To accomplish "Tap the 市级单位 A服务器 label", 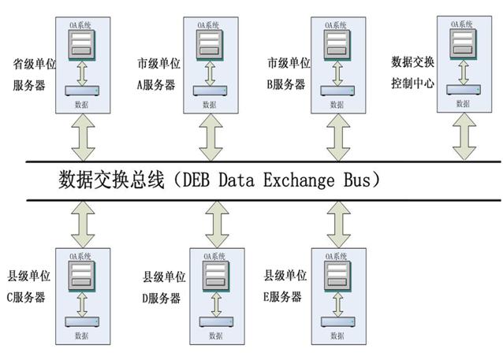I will (x=157, y=72).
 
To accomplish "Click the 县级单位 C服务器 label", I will (x=27, y=287).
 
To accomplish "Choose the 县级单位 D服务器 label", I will (x=162, y=288).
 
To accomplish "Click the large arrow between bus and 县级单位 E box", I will (x=337, y=223).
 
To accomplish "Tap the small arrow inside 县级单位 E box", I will (x=337, y=301).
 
